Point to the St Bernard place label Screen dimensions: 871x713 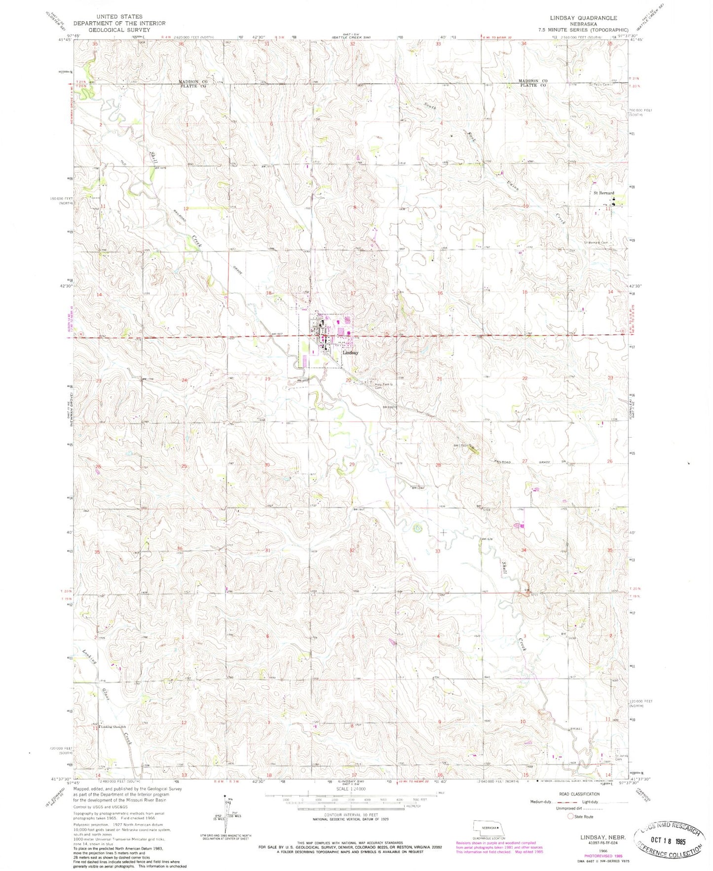pyautogui.click(x=603, y=193)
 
